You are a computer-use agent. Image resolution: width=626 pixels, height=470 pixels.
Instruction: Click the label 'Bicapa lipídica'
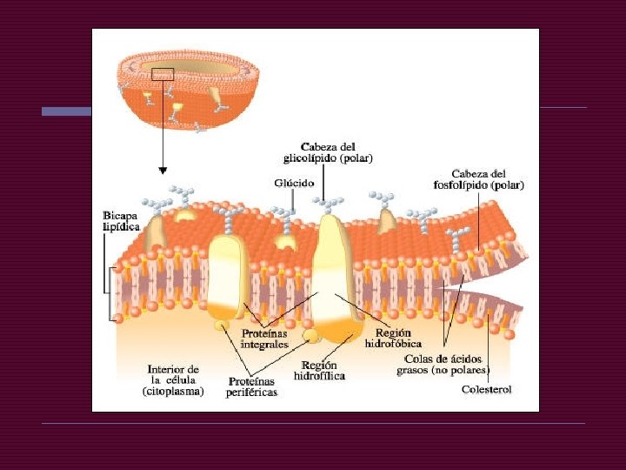click(122, 220)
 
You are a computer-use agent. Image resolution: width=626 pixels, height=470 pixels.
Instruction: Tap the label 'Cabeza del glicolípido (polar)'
click(328, 152)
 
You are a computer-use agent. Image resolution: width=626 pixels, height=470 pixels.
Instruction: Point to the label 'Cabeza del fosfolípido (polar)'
click(484, 178)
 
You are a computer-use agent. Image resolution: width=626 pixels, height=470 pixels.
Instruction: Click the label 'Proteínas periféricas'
click(252, 386)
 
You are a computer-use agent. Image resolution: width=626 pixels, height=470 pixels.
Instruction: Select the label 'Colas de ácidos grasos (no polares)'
click(443, 364)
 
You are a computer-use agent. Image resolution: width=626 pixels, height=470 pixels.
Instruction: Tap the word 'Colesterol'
click(486, 389)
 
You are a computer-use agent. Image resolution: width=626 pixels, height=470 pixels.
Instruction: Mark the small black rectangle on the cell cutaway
click(163, 74)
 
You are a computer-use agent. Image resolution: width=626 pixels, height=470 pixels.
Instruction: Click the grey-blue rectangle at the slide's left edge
click(67, 111)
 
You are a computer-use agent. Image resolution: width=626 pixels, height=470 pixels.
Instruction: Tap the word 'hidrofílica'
click(319, 376)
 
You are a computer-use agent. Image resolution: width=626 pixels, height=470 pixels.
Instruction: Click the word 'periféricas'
click(252, 393)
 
